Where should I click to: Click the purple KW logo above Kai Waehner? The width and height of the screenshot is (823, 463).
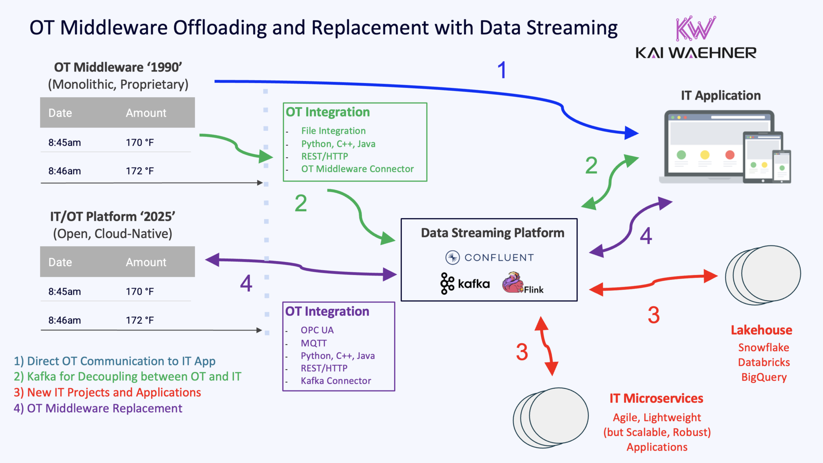click(x=695, y=29)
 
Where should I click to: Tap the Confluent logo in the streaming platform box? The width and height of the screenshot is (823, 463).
click(x=489, y=257)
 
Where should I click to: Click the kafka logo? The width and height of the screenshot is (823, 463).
click(x=465, y=284)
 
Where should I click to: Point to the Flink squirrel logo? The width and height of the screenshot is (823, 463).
click(x=513, y=283)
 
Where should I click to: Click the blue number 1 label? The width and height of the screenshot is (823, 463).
click(x=502, y=70)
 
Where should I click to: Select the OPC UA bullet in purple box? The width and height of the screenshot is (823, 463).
click(x=317, y=330)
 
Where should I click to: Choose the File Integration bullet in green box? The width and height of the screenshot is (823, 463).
click(x=334, y=131)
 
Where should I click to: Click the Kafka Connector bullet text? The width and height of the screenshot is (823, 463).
click(x=336, y=381)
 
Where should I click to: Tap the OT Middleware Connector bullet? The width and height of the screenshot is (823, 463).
click(x=357, y=169)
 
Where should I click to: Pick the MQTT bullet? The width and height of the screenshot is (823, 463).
click(x=314, y=343)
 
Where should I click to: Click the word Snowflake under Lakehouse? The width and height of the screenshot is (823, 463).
click(x=764, y=347)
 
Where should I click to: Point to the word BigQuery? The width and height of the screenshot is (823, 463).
click(x=764, y=377)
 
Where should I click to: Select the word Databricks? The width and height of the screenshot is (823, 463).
click(x=764, y=362)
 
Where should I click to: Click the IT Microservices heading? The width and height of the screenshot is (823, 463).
click(x=656, y=398)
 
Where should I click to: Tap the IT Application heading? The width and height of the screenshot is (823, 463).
click(x=721, y=96)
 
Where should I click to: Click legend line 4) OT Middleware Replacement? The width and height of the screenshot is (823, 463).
click(x=98, y=408)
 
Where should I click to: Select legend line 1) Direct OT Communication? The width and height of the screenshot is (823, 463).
click(x=115, y=361)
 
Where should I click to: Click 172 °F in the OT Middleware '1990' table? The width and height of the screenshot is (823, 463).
click(x=140, y=171)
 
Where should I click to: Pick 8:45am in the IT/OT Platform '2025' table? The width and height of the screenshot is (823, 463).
click(x=65, y=292)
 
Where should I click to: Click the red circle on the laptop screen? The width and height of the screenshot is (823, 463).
click(x=730, y=155)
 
